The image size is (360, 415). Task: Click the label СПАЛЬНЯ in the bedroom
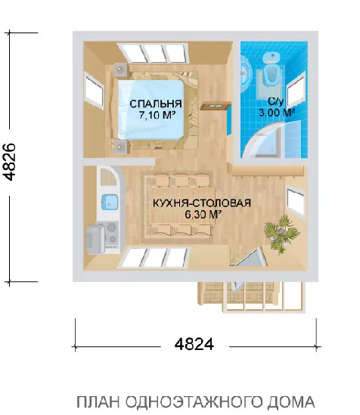click(x=154, y=104)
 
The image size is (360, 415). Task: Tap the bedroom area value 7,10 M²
click(x=157, y=116)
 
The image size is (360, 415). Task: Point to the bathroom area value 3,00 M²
click(x=278, y=112)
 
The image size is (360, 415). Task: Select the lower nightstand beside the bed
click(x=119, y=144)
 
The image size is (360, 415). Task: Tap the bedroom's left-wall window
click(x=95, y=89)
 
